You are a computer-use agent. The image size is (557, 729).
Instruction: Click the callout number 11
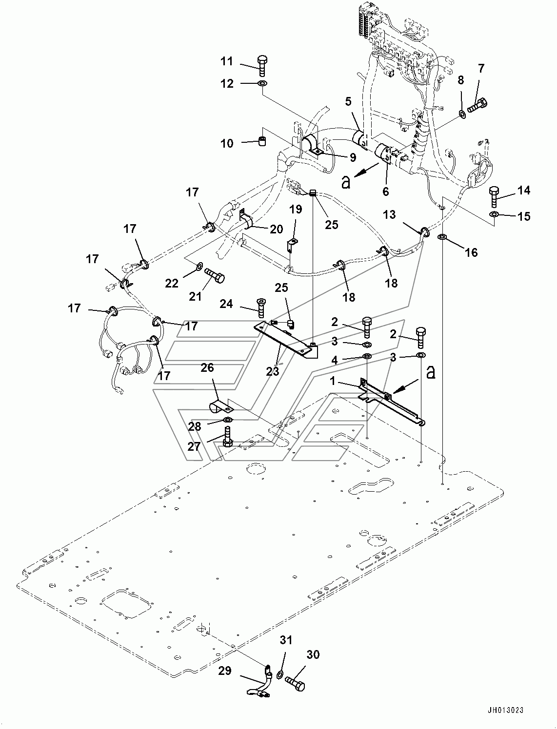pos(227,61)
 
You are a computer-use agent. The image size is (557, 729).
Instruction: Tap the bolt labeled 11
pos(262,66)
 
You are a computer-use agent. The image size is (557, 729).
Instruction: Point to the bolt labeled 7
pos(478,104)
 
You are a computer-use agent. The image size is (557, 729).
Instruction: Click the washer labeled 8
pos(462,114)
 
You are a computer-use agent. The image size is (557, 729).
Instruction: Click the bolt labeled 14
pos(494,197)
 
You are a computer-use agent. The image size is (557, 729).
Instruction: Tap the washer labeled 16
pos(442,237)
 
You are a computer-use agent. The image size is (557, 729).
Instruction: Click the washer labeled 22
pos(200,266)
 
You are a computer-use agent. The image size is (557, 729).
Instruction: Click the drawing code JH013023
pos(505,709)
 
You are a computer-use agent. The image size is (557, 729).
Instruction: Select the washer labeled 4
pos(368,357)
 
